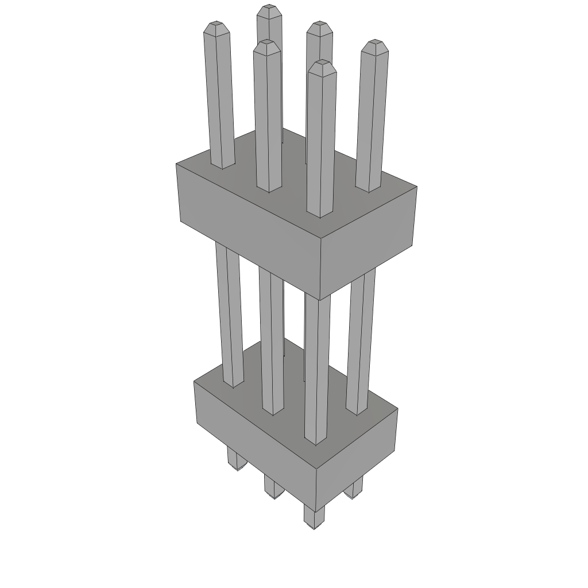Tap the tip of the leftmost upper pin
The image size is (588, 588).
click(217, 26)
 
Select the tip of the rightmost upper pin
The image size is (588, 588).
click(375, 44)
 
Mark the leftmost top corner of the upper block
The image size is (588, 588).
click(176, 164)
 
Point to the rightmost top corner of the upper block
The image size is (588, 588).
click(416, 187)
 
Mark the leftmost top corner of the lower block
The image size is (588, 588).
click(195, 382)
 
